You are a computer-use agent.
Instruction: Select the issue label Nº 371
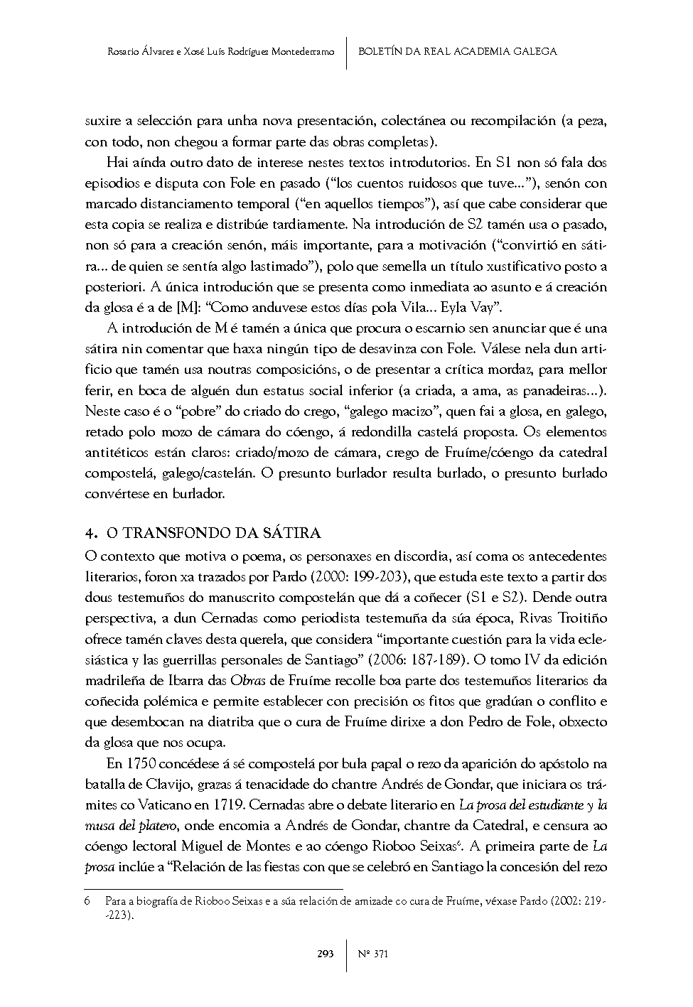click(x=373, y=954)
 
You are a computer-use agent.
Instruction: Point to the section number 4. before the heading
click(x=90, y=533)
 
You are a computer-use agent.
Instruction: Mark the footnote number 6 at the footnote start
click(x=87, y=901)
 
